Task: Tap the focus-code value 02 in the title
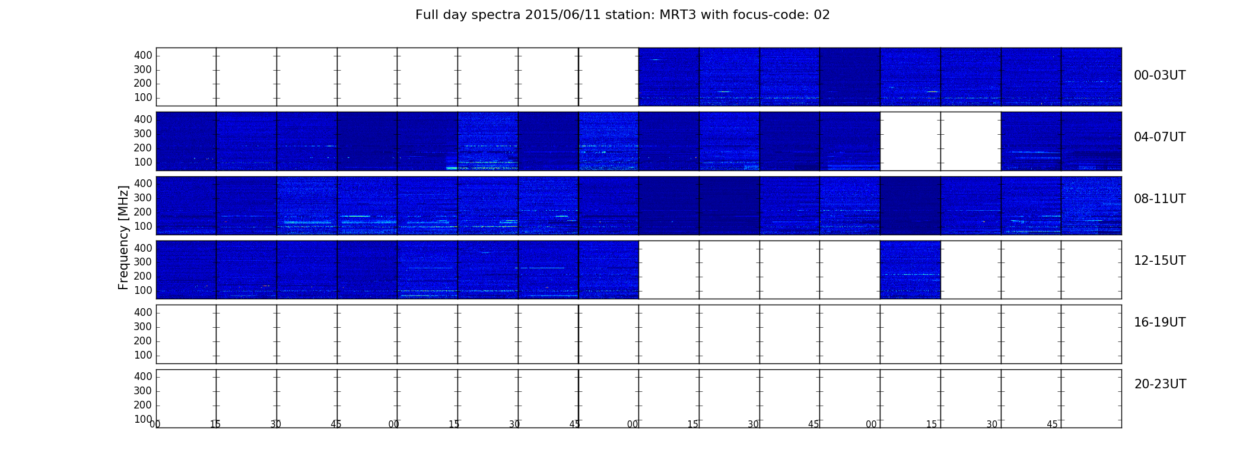point(822,15)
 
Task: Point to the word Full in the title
point(427,15)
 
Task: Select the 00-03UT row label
point(1160,75)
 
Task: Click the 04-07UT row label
point(1160,137)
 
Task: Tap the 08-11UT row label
point(1160,199)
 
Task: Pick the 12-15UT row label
point(1160,261)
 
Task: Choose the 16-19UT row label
point(1160,322)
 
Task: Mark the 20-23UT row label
point(1160,384)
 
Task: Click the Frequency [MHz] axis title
point(123,237)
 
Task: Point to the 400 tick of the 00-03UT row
point(143,55)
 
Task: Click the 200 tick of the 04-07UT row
point(143,148)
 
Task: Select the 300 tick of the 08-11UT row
point(143,198)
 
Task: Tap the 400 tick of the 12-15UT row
point(143,248)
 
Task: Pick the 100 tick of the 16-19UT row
point(143,355)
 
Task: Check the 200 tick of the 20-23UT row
point(143,405)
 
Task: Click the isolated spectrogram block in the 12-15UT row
point(910,270)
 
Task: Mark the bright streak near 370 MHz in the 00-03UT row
point(656,59)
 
